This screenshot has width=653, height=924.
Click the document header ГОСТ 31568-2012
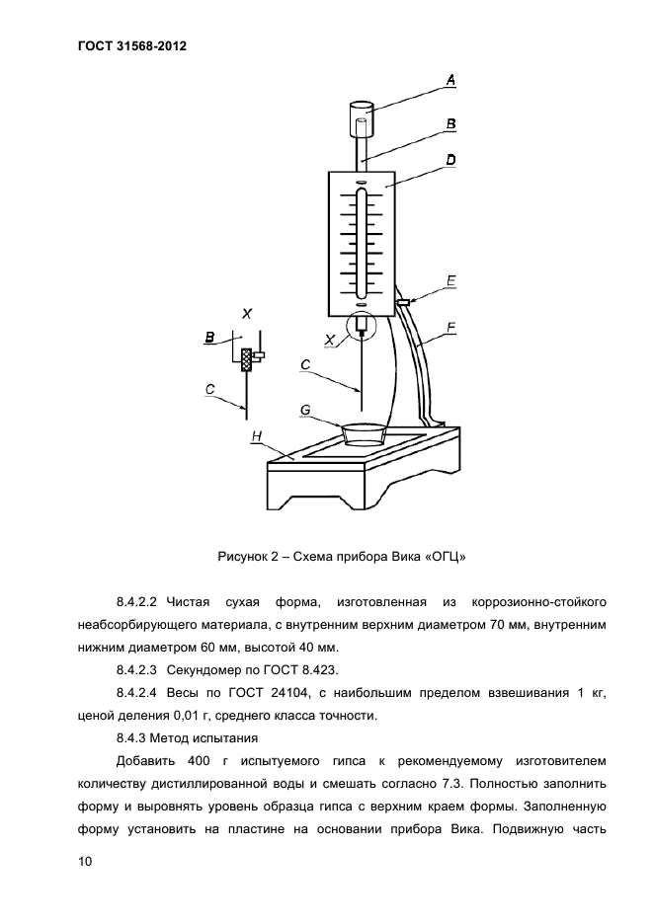tap(130, 45)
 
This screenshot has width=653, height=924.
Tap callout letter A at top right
tap(450, 80)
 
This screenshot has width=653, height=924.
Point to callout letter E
tap(450, 280)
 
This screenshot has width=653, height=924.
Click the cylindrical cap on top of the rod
tap(361, 120)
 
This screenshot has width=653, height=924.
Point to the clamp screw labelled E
tap(402, 301)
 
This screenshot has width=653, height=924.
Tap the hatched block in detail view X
tap(247, 358)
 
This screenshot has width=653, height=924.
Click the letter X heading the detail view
tap(247, 313)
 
